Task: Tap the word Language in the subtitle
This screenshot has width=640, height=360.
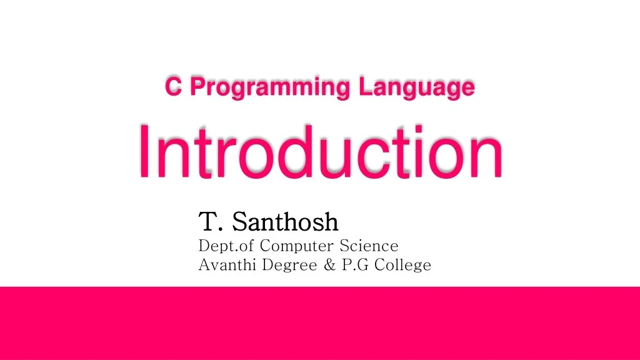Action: point(417,88)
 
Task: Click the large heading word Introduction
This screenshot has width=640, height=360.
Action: point(320,151)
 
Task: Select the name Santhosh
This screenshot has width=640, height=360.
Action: point(285,221)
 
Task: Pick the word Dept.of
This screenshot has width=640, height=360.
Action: point(226,245)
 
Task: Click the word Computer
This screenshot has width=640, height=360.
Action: point(297,245)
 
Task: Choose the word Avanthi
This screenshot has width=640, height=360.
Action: point(227,265)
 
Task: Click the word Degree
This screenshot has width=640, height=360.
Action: point(289,266)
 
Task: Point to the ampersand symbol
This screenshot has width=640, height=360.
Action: point(330,265)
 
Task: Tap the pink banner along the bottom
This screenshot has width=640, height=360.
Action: point(320,323)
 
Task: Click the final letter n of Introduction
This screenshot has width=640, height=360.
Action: point(485,156)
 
